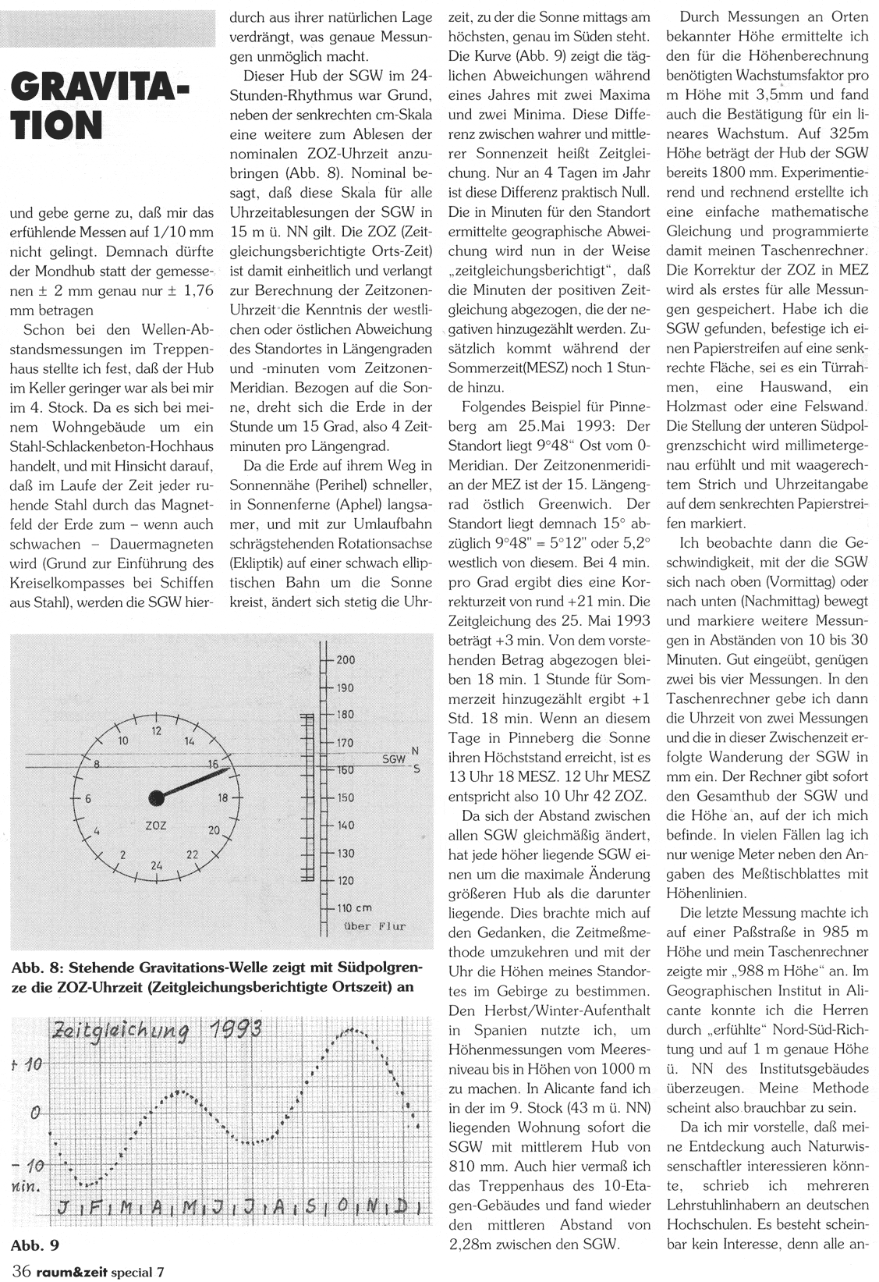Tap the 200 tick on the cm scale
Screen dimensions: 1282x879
[346, 660]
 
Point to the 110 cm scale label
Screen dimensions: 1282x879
[354, 907]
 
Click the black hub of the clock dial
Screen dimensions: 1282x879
[157, 797]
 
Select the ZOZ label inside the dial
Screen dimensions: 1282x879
[156, 825]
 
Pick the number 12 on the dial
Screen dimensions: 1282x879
[157, 731]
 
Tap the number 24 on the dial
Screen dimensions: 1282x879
[157, 865]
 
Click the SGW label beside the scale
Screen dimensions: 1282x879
[394, 758]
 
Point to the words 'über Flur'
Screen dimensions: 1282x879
[375, 926]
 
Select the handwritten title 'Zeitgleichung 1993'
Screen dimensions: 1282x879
[155, 1031]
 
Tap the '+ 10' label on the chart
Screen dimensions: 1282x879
[28, 1064]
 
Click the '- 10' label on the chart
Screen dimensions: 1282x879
[27, 1166]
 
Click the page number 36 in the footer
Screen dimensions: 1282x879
[21, 1271]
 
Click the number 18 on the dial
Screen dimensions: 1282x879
[224, 797]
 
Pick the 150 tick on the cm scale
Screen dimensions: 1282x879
[346, 797]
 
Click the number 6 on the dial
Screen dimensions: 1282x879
[89, 798]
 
